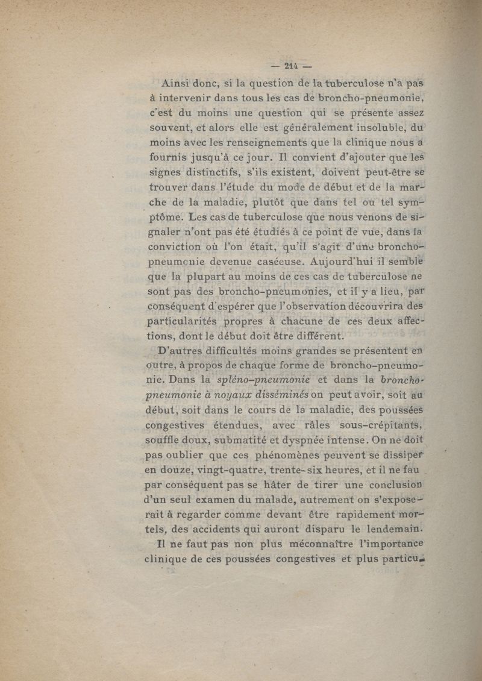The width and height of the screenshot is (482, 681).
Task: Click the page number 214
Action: [x=292, y=67]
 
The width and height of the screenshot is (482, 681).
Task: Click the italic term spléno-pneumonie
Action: [x=263, y=380]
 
